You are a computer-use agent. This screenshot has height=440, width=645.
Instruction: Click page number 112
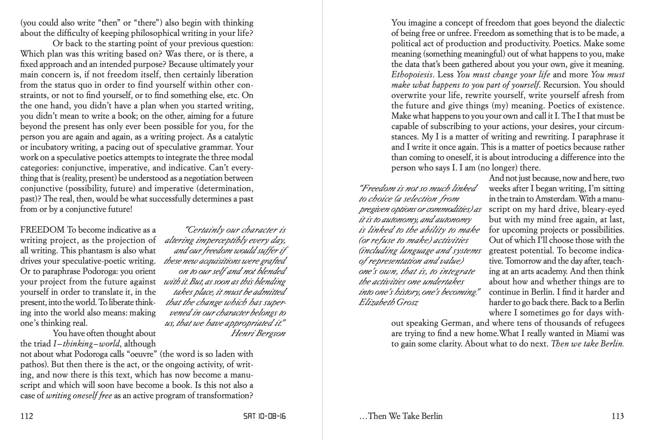click(x=27, y=416)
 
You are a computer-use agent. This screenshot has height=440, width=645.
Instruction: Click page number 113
click(x=618, y=416)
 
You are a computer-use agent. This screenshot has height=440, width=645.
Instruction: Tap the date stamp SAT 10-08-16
click(x=264, y=416)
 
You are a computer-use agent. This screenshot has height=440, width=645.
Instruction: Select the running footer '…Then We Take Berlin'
click(x=401, y=416)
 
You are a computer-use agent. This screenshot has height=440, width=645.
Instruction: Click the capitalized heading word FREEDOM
click(x=42, y=230)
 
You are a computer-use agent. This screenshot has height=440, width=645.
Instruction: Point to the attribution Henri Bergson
click(x=258, y=333)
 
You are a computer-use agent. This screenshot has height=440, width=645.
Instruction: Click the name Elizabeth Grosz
click(x=388, y=302)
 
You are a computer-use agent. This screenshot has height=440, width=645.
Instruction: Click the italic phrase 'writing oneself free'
click(x=79, y=395)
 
